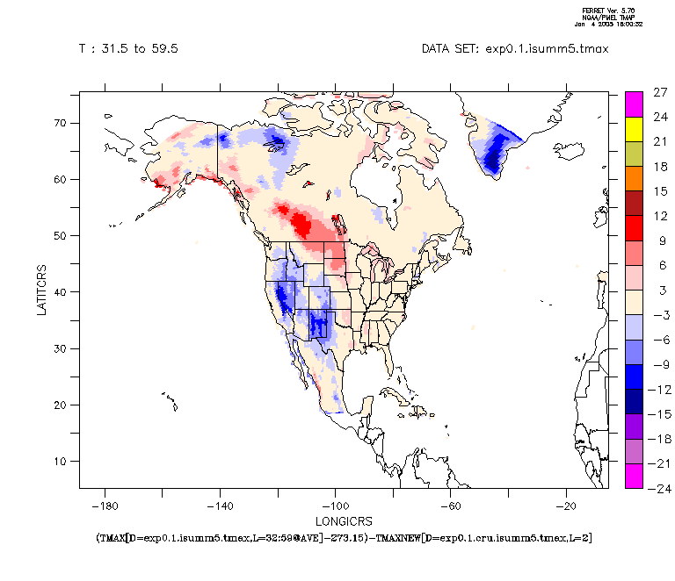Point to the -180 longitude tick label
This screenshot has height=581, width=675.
click(x=105, y=506)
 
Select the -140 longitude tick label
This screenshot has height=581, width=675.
click(x=220, y=506)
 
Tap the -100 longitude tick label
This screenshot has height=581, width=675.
click(x=335, y=506)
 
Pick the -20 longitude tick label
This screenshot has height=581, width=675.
click(x=568, y=506)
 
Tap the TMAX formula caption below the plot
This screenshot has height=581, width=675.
click(x=342, y=536)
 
